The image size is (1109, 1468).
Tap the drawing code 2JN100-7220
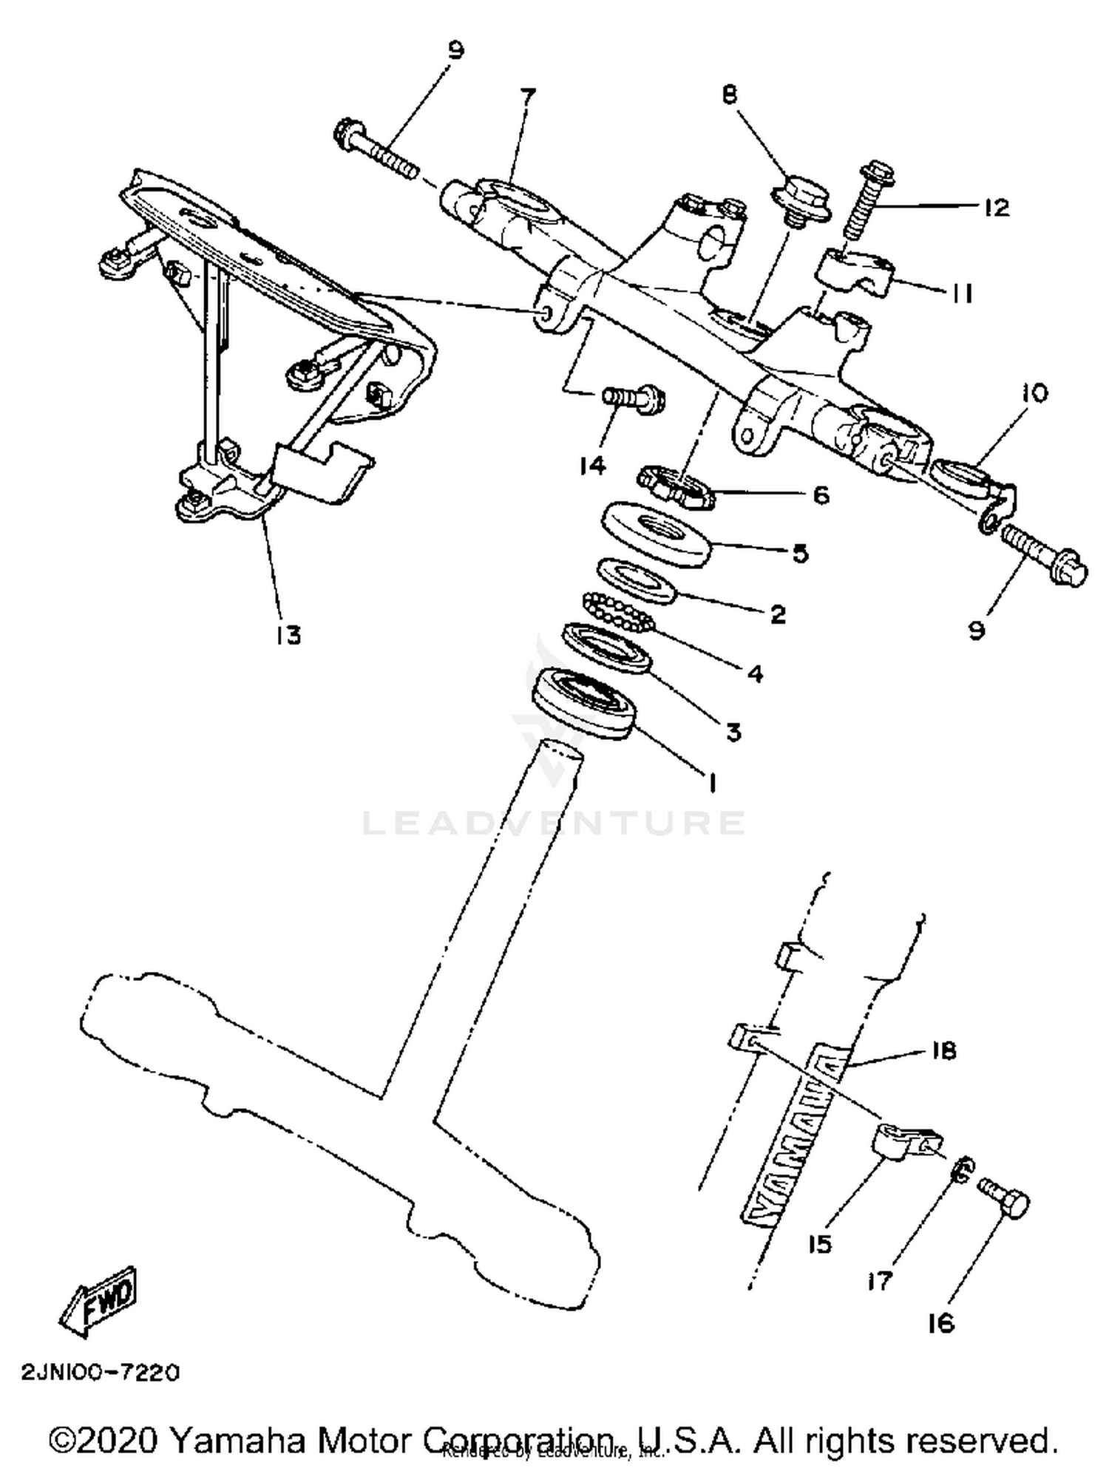(x=101, y=1373)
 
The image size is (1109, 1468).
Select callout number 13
(x=289, y=634)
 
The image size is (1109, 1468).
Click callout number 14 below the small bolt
(x=593, y=465)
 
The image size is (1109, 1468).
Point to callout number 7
(x=527, y=97)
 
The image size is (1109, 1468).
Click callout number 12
(x=997, y=208)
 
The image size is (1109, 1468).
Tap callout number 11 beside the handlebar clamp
(x=960, y=293)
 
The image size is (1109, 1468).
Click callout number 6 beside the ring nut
(x=821, y=495)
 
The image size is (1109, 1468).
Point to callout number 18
(x=943, y=1050)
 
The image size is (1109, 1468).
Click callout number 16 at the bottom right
(x=941, y=1322)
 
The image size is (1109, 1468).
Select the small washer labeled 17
(x=961, y=1170)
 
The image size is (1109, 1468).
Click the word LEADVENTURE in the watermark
(x=554, y=823)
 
